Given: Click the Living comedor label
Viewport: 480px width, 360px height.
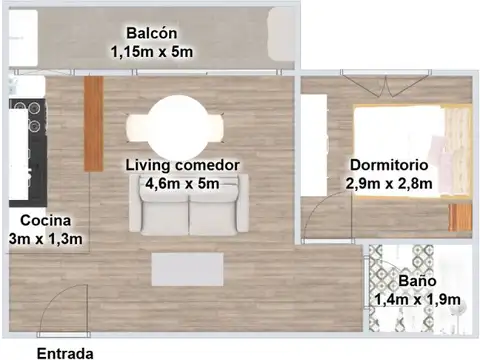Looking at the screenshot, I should coord(182,164).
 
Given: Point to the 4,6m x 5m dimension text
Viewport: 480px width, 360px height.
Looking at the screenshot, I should coord(182,184).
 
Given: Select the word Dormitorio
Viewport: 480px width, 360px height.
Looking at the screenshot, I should coord(389,164).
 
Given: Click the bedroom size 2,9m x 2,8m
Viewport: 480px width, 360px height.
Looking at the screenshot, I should coord(389,184).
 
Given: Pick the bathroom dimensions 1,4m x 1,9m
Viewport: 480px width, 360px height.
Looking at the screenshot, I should coord(416,300).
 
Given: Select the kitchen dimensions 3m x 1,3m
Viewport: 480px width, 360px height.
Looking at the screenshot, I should coord(44,239).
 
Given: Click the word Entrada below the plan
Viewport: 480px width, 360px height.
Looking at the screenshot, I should coord(65,352).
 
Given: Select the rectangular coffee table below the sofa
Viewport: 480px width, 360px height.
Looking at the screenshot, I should coord(187,269).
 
